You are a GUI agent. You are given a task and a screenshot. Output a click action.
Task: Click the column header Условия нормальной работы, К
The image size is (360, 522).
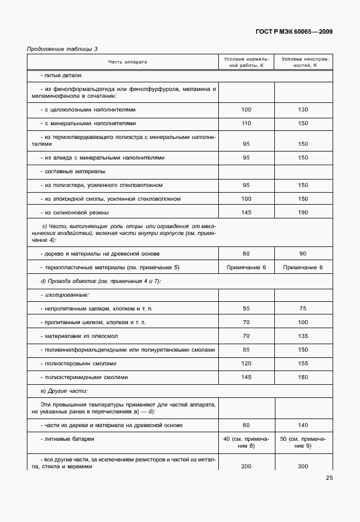(x=246, y=62)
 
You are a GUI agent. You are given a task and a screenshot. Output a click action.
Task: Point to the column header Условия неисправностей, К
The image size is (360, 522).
(x=303, y=62)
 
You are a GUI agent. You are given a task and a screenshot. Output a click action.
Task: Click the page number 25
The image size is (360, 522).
(x=329, y=478)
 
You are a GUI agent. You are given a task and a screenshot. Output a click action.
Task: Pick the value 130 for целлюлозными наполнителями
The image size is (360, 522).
(x=303, y=109)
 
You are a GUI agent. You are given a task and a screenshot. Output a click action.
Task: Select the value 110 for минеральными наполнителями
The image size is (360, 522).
(x=246, y=123)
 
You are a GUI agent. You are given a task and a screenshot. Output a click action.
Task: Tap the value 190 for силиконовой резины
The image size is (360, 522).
(x=303, y=213)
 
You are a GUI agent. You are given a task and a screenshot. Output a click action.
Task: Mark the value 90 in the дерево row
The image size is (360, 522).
(x=303, y=253)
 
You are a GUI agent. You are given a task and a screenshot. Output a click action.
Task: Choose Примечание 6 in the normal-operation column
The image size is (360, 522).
(x=246, y=268)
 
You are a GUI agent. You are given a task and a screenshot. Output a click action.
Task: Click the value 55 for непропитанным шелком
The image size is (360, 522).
(x=246, y=309)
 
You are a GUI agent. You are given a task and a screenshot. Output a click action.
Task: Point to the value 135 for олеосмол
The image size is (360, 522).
(x=303, y=336)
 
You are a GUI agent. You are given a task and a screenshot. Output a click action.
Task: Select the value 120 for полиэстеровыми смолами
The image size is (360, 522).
(x=246, y=364)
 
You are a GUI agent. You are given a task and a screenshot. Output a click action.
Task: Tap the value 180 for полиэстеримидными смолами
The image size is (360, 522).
(x=303, y=377)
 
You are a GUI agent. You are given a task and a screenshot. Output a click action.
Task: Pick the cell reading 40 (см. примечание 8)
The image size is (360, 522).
(x=246, y=443)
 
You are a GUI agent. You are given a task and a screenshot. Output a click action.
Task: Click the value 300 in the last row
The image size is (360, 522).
(x=303, y=467)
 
